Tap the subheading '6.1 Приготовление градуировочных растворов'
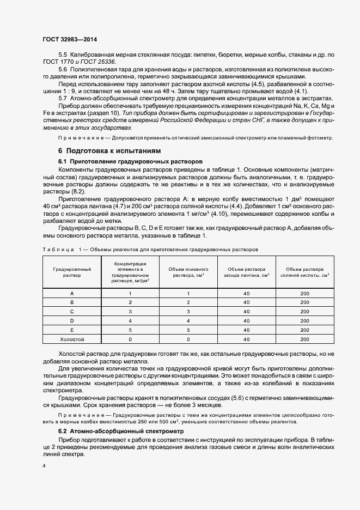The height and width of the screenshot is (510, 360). [130, 162]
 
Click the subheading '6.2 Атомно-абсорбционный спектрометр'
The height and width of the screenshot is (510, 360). [121, 431]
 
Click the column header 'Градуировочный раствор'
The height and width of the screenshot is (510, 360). [72, 272]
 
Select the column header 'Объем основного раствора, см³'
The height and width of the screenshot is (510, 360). [188, 272]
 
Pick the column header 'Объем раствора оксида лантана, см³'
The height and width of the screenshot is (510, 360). [246, 272]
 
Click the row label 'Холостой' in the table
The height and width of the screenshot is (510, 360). [72, 339]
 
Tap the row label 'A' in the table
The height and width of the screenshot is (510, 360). [72, 293]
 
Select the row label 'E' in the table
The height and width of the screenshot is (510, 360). [72, 330]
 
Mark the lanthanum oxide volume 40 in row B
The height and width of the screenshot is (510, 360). [246, 302]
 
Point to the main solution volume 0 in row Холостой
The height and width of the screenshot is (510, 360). [188, 339]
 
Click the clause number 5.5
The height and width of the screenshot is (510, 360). [63, 56]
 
